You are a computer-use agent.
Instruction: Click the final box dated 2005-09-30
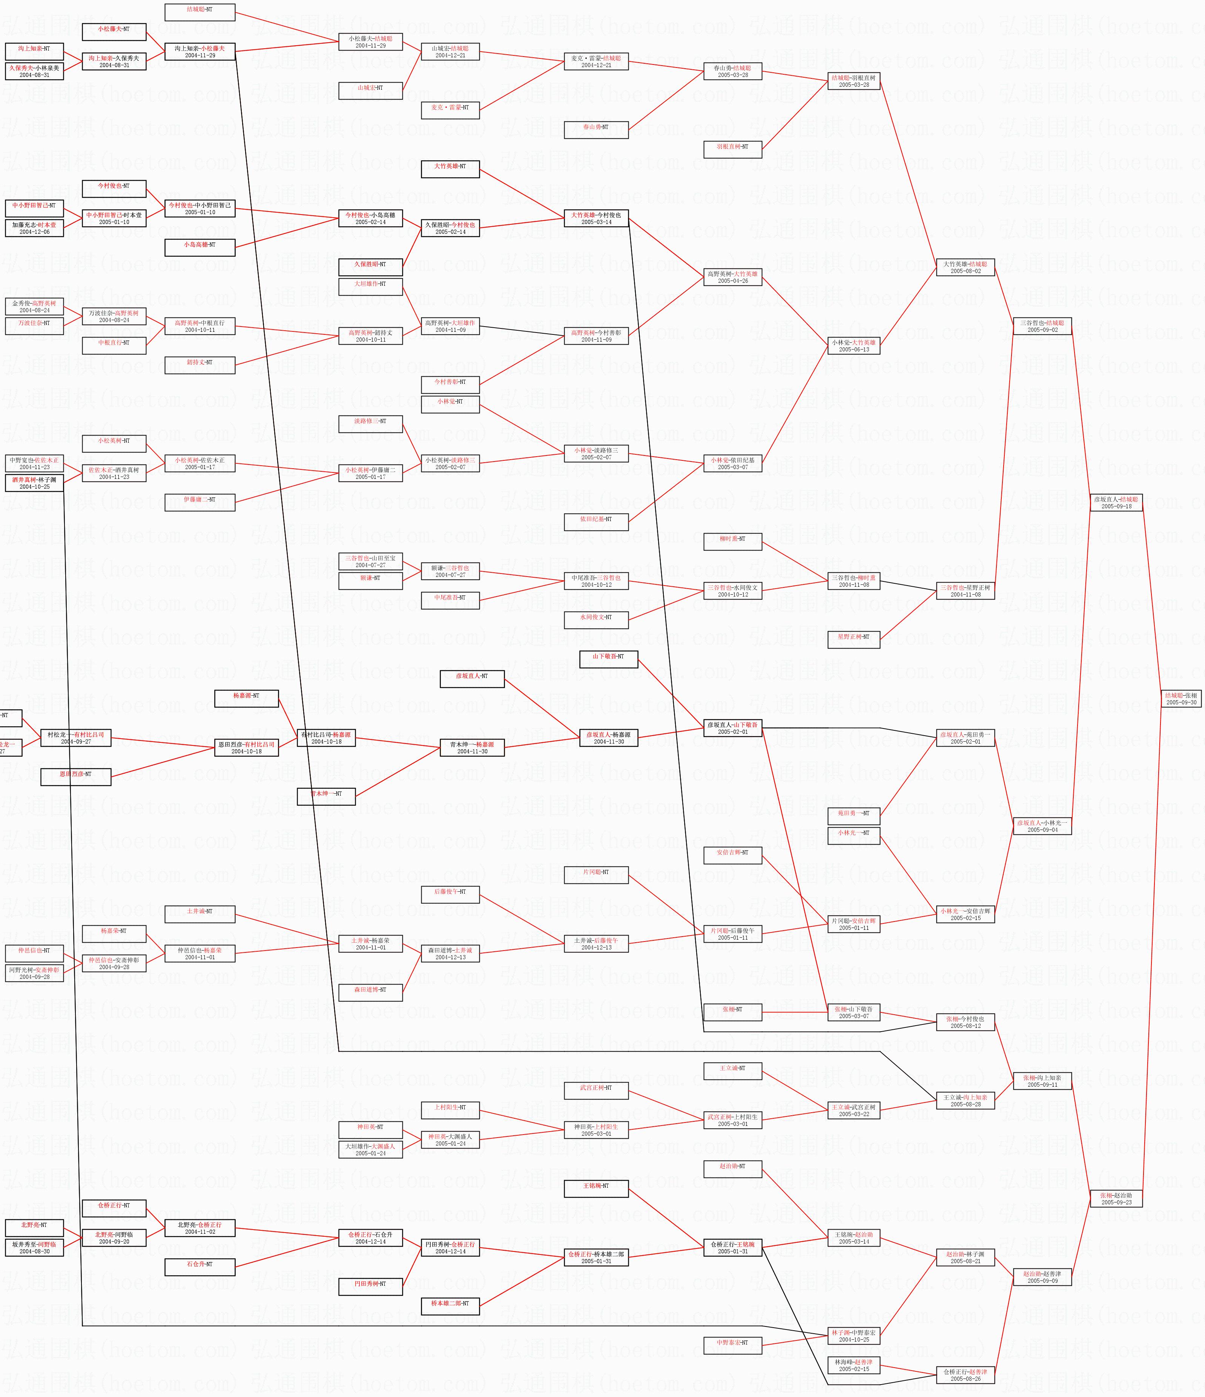point(1181,698)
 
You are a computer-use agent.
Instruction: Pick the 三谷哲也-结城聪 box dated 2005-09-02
point(1042,326)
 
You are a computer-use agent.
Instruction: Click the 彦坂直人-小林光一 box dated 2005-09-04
point(1042,826)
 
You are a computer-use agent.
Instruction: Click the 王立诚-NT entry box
point(732,1069)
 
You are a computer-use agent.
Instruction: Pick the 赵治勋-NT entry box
point(732,1166)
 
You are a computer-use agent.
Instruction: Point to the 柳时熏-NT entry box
point(732,540)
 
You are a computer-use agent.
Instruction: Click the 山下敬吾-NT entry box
point(608,657)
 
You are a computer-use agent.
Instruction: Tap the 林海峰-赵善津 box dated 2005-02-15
point(853,1365)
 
